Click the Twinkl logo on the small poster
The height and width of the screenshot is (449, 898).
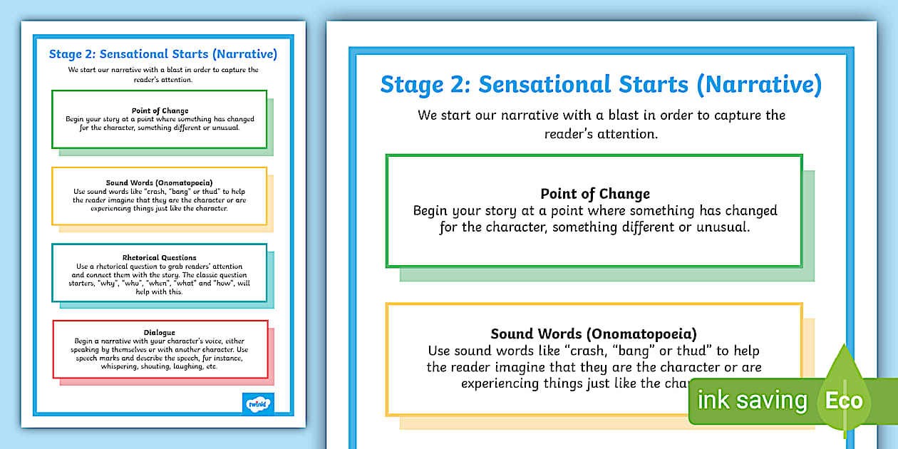point(258,404)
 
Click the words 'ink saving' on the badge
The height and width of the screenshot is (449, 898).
point(751,401)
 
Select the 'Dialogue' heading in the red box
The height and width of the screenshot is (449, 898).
point(160,333)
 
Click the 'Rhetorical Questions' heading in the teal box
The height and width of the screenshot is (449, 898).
point(160,257)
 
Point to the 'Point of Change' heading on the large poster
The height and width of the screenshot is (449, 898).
point(595,194)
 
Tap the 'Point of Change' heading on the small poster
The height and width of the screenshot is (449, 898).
point(160,110)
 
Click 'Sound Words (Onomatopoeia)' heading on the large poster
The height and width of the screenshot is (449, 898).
point(594,334)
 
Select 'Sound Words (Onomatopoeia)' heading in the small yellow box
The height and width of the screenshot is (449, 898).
point(160,182)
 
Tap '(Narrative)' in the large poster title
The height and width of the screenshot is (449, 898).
point(759,84)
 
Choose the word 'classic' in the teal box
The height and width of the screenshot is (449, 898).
point(208,275)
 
